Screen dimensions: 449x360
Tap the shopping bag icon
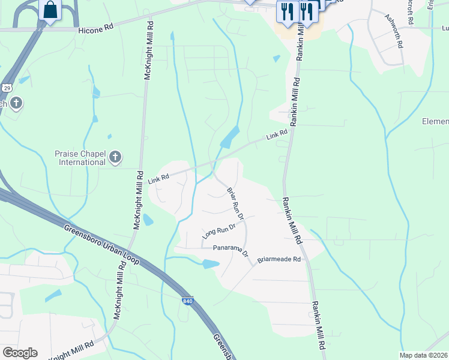tap(49, 10)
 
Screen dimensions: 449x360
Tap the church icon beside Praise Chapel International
tap(115, 158)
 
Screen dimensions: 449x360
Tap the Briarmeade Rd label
tap(279, 259)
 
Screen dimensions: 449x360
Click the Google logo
tap(20, 353)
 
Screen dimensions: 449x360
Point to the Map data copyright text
tap(424, 355)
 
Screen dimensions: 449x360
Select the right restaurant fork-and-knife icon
tap(307, 10)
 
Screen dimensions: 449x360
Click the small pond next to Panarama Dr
tap(210, 263)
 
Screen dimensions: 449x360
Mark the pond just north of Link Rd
tap(230, 138)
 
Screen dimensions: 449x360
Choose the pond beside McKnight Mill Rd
tap(146, 220)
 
